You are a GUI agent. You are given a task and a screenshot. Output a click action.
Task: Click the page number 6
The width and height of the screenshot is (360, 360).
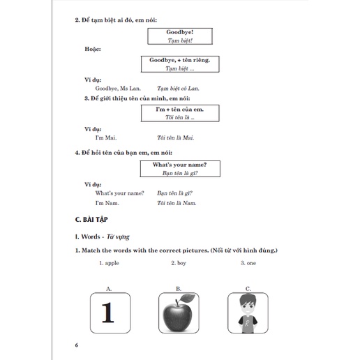pos(77,345)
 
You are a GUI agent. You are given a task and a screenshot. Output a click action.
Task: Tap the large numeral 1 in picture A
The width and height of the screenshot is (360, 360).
pos(107,313)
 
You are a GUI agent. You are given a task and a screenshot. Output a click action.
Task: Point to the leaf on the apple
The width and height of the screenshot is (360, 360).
pos(188,299)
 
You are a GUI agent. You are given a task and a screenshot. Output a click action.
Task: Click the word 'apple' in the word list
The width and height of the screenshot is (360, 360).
pos(112,263)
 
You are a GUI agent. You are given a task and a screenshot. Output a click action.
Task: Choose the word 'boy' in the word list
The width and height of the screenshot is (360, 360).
pos(181,263)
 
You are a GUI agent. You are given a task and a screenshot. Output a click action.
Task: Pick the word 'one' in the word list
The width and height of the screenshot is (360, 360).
pos(251,263)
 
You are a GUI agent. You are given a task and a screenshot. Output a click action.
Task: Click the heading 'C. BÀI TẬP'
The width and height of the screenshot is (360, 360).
pos(91,220)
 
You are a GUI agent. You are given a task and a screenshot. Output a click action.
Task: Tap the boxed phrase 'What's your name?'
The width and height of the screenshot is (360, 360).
pos(179,165)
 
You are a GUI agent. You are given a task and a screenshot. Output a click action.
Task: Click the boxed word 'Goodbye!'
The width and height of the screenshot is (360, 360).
pos(179,32)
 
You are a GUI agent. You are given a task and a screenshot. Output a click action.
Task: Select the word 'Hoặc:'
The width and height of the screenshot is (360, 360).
pos(93,49)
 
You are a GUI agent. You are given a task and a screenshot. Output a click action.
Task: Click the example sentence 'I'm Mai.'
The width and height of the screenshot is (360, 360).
pos(106,137)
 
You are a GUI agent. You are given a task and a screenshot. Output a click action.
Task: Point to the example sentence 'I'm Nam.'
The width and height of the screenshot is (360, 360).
pos(107,203)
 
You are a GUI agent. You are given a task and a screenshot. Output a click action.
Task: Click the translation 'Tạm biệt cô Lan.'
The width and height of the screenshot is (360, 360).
pos(178,89)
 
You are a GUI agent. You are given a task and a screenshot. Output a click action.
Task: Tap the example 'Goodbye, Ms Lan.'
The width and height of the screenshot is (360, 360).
pos(118,89)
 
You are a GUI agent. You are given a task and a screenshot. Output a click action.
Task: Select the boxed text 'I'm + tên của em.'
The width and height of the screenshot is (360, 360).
pos(180,110)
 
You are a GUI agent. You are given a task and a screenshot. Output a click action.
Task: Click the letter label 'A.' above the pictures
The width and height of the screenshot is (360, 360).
pos(109,289)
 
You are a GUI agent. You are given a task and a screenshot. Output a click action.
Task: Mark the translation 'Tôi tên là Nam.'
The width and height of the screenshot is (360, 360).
pos(177,203)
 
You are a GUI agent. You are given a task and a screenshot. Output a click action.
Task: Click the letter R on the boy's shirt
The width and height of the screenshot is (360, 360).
pos(247,324)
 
